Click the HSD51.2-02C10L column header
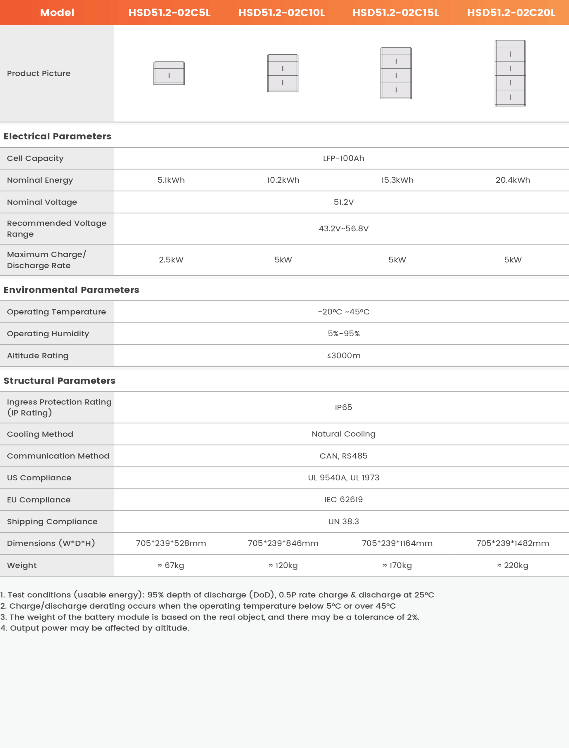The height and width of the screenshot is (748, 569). [x=281, y=13]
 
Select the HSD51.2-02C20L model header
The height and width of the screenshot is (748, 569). [x=511, y=13]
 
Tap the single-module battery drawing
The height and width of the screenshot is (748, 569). [x=169, y=73]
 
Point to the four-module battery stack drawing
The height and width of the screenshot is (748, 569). [x=510, y=73]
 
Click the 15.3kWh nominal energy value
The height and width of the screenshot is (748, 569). [x=397, y=180]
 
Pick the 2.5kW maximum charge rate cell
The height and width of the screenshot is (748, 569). [x=171, y=260]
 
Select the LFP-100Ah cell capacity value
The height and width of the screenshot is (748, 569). [x=343, y=158]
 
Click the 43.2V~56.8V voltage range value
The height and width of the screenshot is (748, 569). [x=343, y=228]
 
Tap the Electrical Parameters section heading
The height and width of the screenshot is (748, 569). [x=57, y=136]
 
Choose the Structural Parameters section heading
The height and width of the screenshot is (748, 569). [x=59, y=381]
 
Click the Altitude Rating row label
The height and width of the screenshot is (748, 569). [x=38, y=356]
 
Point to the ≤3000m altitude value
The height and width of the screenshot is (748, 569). [x=343, y=356]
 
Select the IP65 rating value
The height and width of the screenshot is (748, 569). [x=343, y=407]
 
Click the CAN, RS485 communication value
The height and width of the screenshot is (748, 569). [x=343, y=456]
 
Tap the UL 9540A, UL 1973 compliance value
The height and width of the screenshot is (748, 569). [x=343, y=478]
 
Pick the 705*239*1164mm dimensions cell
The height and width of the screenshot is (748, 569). [x=397, y=543]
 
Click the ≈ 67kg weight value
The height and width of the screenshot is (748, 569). [x=171, y=565]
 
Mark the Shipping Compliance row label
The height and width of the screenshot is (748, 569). [x=52, y=522]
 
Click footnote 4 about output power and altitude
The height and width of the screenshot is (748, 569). [x=95, y=628]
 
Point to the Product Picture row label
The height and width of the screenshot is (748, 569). [x=39, y=73]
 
